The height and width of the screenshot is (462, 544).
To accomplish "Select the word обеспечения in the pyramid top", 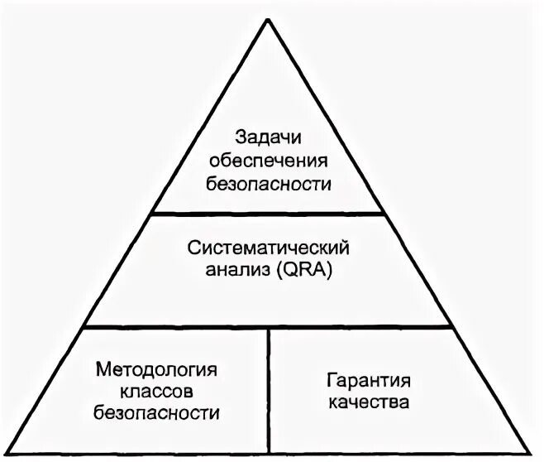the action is pos(270,160).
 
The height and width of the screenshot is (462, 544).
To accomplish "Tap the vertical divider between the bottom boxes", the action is pos(270,389).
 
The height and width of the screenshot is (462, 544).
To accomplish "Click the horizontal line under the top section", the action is pos(270,213).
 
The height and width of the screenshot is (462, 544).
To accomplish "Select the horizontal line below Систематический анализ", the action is pos(270,327).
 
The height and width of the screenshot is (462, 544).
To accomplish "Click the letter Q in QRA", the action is pos(291,270).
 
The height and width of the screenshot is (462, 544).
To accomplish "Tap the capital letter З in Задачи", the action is pos(240,136).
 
